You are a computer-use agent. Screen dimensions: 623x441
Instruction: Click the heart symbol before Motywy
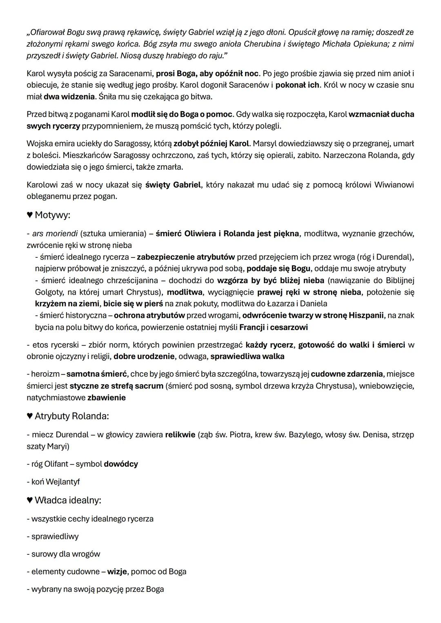[x=30, y=215]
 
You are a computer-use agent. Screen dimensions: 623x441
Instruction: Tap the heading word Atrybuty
[x=52, y=416]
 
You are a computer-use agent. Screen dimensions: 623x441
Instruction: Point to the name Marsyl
[x=265, y=144]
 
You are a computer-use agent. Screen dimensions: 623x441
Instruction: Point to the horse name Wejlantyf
[x=62, y=482]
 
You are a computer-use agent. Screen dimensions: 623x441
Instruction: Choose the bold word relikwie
[x=180, y=435]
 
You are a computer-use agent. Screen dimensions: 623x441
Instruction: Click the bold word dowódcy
[x=121, y=464]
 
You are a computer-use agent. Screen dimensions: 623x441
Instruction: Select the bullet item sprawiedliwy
[x=55, y=537]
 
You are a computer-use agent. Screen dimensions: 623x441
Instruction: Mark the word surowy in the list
[x=43, y=554]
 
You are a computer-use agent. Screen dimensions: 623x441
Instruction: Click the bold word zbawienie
[x=107, y=397]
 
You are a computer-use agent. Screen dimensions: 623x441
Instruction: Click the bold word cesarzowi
[x=289, y=327]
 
